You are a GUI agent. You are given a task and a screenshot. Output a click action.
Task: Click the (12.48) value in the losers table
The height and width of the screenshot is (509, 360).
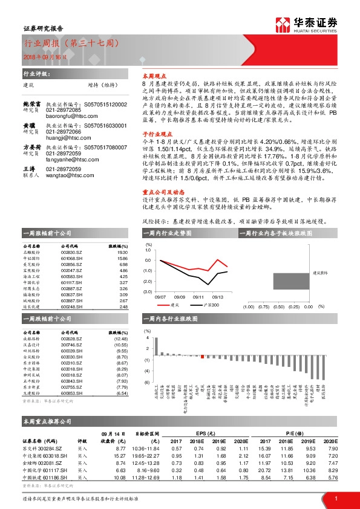point(121,339)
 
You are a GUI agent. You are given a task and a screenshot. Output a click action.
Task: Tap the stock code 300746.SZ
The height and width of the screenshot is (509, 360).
point(71,345)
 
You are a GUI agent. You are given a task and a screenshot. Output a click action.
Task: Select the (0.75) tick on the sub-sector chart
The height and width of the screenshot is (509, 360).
point(264,306)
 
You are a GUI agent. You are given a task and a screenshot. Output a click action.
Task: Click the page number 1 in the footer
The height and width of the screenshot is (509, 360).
point(335,498)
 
